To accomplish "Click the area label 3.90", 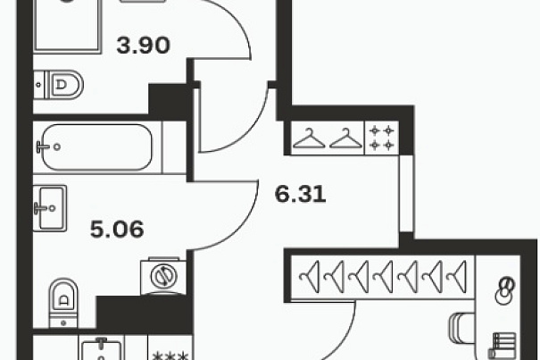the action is pos(144,46).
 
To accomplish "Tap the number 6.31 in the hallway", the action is pos(300,194).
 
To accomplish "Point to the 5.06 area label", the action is pos(117,230).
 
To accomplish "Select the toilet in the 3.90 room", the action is pos(59,85).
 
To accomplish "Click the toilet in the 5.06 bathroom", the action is pos(63,303).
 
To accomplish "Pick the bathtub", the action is pos(97,147).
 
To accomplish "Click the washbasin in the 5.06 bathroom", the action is pos(50,208).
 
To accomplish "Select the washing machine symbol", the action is pos(163,276).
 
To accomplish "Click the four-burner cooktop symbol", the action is pos(382,138).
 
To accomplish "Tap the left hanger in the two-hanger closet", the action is pos(309,138).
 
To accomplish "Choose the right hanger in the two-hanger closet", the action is pos(345,138).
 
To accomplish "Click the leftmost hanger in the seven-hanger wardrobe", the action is pos(310,277).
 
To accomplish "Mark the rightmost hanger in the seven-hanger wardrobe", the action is pos(457,277).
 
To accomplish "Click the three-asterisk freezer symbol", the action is pos(170,356).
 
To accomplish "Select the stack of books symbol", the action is pos(503,346).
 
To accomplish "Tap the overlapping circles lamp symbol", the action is pos(504,290).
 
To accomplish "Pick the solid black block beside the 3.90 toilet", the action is pos(169,98).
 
